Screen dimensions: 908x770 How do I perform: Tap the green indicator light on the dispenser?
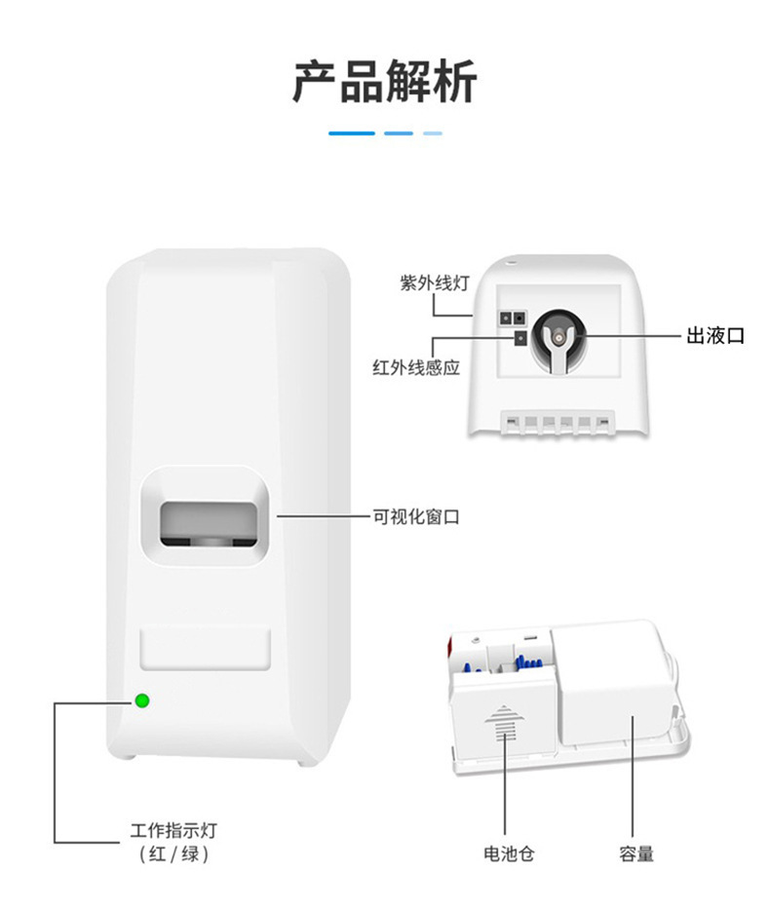click(142, 700)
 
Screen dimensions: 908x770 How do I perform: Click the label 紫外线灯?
click(435, 284)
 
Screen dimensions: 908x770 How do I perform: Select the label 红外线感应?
click(416, 367)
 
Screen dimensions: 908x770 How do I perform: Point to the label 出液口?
click(715, 335)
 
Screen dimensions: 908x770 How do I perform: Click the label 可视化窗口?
click(416, 516)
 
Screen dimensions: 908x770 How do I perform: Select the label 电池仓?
click(509, 854)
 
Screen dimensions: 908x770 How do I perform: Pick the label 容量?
click(636, 854)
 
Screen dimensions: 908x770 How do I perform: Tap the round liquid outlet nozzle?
click(555, 334)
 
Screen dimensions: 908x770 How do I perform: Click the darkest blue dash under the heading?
click(351, 133)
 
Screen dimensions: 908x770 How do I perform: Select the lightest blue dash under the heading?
click(433, 133)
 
